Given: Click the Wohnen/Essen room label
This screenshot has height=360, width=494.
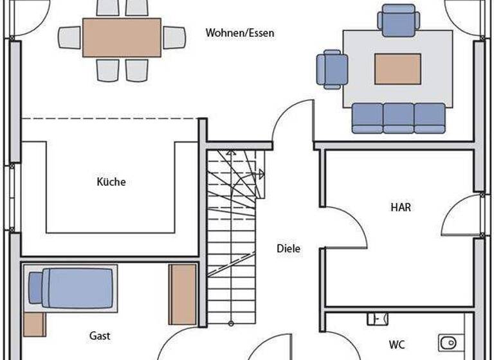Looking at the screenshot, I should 239,33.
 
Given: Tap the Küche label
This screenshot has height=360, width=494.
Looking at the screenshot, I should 111,182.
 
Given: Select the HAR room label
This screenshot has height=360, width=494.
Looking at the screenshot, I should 401,208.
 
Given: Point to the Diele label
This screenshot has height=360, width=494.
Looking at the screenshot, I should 288,248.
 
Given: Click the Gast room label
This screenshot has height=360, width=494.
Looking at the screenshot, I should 100,336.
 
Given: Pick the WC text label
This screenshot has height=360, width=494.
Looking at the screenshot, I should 397,345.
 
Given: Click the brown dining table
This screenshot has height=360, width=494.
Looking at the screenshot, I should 122,37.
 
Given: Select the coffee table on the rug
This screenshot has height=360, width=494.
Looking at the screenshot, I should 398,69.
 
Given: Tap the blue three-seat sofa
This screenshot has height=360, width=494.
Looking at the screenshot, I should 399,118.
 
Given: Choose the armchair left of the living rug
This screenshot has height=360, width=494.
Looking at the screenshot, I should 331,69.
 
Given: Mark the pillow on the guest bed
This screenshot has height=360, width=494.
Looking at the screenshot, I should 36,287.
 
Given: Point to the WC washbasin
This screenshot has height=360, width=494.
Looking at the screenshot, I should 377,318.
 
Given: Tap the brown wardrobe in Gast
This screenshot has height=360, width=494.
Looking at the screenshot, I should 183,294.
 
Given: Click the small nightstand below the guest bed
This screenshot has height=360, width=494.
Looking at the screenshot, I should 35,325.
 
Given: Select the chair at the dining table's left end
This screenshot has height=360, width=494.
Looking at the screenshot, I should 69,37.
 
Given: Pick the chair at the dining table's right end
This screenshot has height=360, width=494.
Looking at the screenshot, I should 174,37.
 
